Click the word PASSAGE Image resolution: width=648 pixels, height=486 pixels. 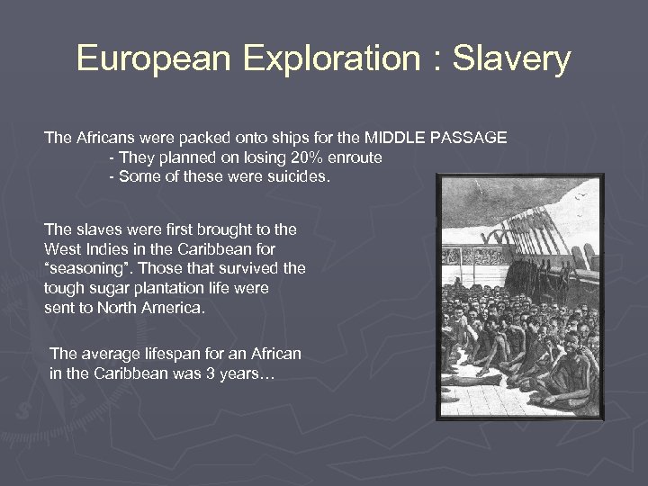coord(471,139)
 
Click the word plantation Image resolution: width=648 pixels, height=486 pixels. coord(185,288)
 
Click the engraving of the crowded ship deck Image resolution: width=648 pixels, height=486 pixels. coord(520,297)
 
